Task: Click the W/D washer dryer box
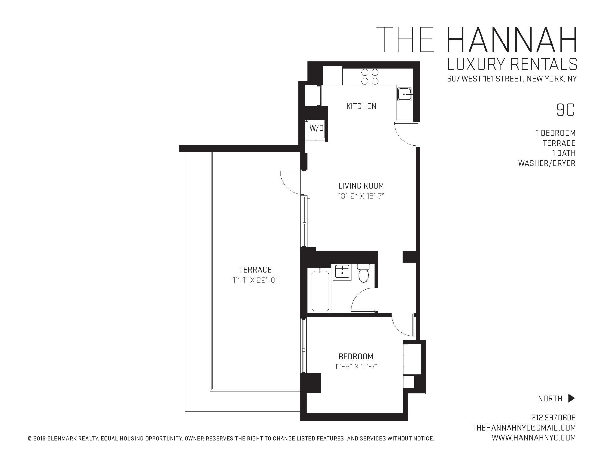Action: coord(316,128)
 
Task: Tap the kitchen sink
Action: coord(404,94)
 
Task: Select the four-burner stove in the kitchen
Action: coord(370,77)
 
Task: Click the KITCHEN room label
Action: coord(361,106)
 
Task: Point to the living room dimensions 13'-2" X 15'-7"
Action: coord(361,196)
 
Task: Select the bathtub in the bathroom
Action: coord(320,291)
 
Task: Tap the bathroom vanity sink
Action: coord(342,271)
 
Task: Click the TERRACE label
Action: coord(255,270)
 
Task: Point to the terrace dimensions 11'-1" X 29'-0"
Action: coord(255,280)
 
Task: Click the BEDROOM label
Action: coord(356,356)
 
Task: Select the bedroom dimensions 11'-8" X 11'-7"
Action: coord(356,366)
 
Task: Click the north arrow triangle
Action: coord(571,398)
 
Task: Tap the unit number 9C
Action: coord(566,110)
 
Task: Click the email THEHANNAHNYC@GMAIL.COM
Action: coord(524,428)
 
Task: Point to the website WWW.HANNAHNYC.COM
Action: coord(534,438)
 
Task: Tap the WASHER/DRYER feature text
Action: coord(546,163)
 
